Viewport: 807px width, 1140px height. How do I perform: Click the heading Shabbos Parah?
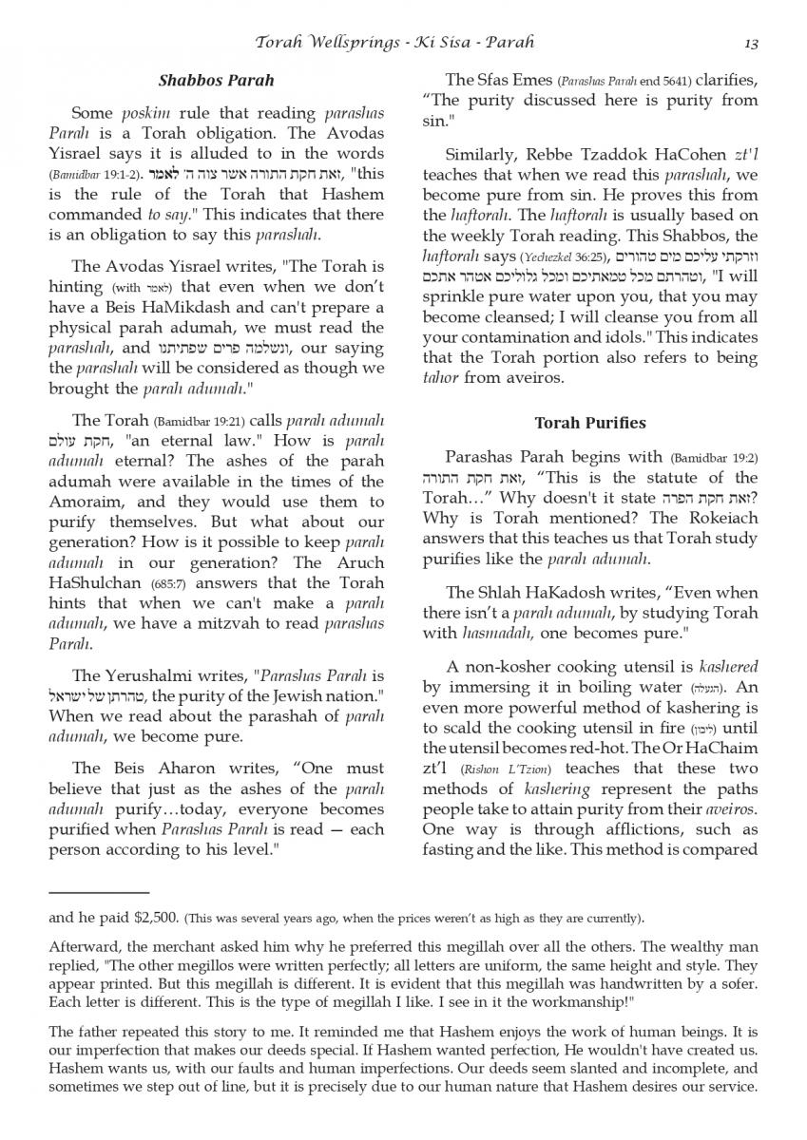pos(216,81)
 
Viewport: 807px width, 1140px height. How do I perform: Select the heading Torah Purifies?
pos(589,423)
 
